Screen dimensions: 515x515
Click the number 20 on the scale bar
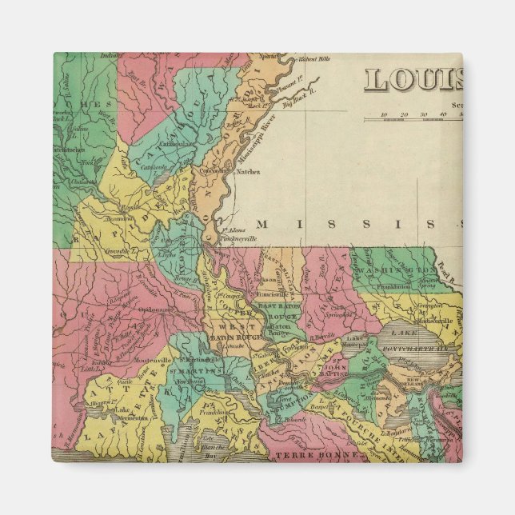click(x=404, y=114)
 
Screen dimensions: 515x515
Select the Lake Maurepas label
click(x=353, y=341)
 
